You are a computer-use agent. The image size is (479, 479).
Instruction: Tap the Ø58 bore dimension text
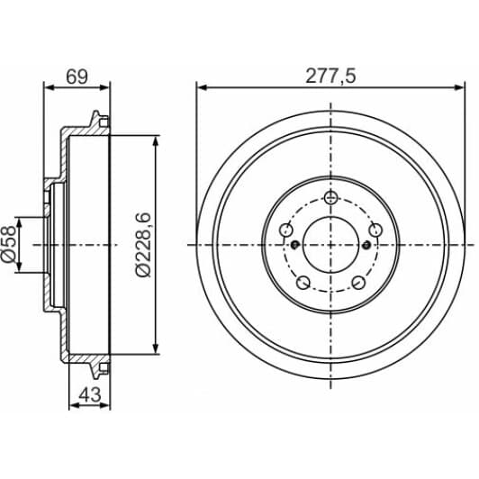click(10, 246)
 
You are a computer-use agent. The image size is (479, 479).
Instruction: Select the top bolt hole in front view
click(330, 198)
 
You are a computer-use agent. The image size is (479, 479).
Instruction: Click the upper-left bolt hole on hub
click(286, 228)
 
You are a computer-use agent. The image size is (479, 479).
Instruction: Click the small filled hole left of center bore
click(294, 244)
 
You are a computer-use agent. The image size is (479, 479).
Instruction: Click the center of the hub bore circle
click(330, 244)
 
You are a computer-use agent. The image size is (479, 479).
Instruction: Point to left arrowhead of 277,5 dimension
click(201, 87)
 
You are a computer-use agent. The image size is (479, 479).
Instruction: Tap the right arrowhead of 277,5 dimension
click(462, 87)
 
